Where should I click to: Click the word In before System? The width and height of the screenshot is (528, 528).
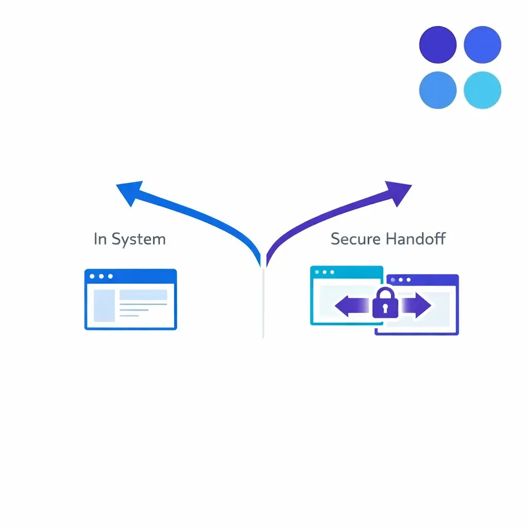click(100, 239)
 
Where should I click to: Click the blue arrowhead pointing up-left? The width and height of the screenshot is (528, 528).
click(129, 192)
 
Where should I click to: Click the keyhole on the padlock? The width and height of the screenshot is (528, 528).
click(385, 308)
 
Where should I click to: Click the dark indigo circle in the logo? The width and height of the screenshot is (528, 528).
click(438, 45)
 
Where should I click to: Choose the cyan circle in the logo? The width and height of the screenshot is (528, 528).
click(482, 90)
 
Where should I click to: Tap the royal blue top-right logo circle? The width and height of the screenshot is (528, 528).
click(482, 45)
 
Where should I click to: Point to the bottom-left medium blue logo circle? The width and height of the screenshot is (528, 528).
click(438, 90)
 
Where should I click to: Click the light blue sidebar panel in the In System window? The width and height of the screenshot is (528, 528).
click(104, 306)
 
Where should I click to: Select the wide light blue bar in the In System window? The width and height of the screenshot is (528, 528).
click(143, 295)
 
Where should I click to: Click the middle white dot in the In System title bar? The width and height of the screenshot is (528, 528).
click(101, 276)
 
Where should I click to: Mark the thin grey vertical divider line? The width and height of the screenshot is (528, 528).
click(263, 304)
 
